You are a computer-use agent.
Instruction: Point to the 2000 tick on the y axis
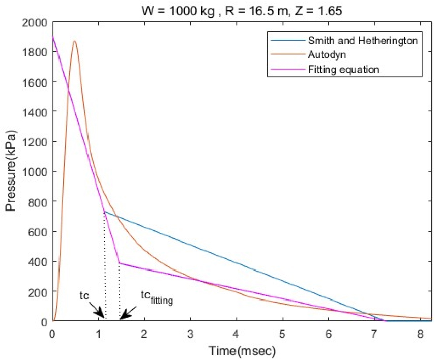tap(36, 23)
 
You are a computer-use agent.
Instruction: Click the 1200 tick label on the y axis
tap(36, 142)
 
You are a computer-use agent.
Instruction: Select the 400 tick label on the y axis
tap(39, 262)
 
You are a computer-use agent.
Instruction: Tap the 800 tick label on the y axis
tap(39, 202)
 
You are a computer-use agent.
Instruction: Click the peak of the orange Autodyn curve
tap(75, 41)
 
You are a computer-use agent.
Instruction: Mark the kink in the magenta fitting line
tap(119, 263)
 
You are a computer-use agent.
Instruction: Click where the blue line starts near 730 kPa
tap(104, 212)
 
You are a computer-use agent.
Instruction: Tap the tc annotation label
tap(84, 295)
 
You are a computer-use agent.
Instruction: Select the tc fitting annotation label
tap(157, 297)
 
